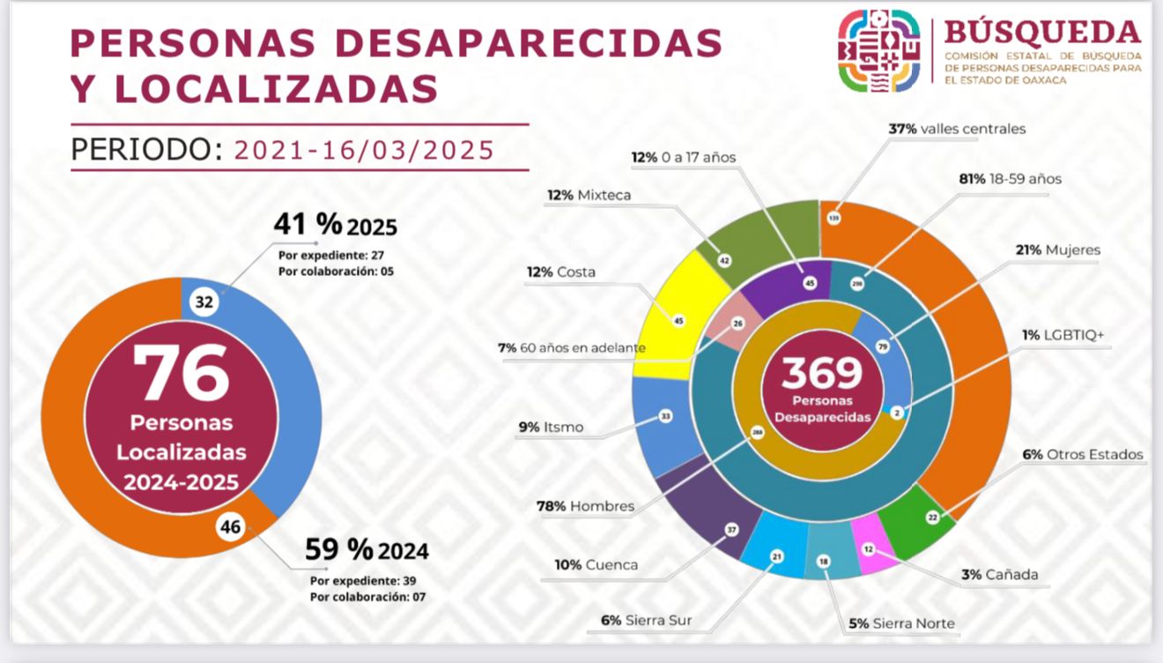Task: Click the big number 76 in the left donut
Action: pos(181,373)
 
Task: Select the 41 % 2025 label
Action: pos(335,226)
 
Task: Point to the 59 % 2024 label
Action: pos(367,550)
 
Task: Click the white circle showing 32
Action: pos(204,302)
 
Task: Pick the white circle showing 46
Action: pos(229,528)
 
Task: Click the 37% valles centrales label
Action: pos(957,129)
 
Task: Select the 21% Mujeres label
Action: pos(1057,250)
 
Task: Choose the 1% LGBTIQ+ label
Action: pos(1063,335)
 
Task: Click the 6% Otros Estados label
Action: pos(1082,455)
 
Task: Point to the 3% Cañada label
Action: pos(999,575)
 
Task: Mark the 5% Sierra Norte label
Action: pos(901,624)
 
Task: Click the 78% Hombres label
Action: pos(585,506)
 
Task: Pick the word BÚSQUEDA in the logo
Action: pos(1041,32)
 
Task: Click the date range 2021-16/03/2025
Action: pos(364,150)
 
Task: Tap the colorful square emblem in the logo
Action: pos(878,50)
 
